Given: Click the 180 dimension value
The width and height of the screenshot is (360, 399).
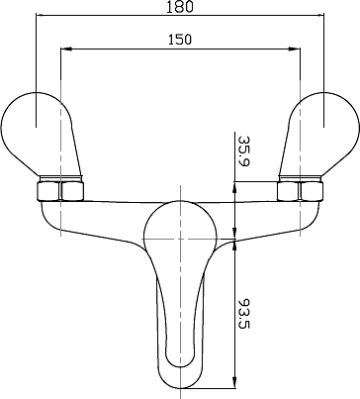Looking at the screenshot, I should tap(179, 7).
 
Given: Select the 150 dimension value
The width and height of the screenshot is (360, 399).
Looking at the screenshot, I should tap(179, 40).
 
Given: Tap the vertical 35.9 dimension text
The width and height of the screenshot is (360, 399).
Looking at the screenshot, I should tap(243, 152).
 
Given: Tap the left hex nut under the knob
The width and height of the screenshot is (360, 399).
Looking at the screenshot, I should tap(60, 189).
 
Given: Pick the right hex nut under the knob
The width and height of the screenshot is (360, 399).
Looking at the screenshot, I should tap(299, 189).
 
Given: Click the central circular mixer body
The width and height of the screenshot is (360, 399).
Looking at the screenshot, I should tap(180, 236).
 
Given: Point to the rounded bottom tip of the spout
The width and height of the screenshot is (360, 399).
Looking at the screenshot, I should tap(180, 381).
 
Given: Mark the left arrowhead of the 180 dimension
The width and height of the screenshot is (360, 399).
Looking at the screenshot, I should tap(40, 16).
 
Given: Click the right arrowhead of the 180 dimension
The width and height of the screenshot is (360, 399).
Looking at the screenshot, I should tap(320, 16).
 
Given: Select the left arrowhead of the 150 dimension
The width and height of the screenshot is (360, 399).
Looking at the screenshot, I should tap(65, 49).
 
